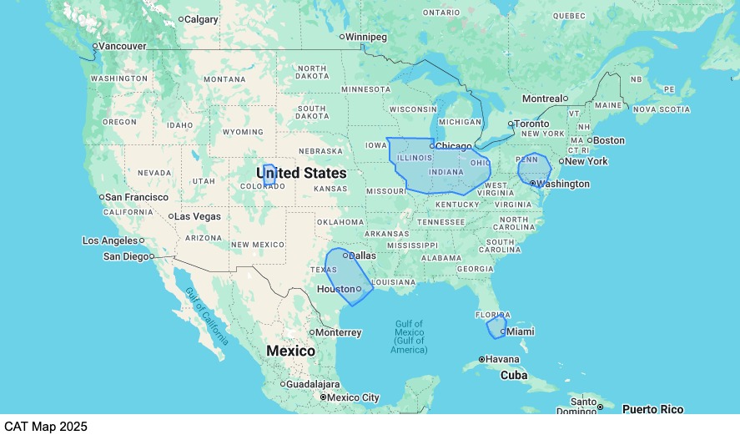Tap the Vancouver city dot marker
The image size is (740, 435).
[x=95, y=46]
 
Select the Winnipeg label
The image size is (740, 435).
[x=367, y=38]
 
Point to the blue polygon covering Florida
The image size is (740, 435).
[x=496, y=326]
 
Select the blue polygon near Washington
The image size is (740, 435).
[x=533, y=168]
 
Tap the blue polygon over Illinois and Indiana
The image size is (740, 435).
[x=434, y=167]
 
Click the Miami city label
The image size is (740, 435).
[x=521, y=331]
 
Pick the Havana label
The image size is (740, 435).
[x=502, y=360]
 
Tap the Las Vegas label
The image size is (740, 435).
[x=199, y=216]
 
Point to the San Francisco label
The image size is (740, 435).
[x=137, y=197]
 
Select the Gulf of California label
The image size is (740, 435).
[x=206, y=316]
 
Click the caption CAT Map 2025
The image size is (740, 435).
[x=44, y=427]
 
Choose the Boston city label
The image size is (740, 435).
[x=609, y=140]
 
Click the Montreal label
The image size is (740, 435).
[x=542, y=99]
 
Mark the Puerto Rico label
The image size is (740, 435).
[x=652, y=409]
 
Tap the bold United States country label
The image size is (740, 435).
[x=300, y=173]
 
